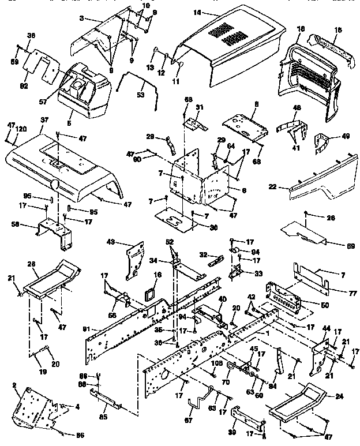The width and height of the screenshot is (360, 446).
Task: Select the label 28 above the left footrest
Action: (32, 264)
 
